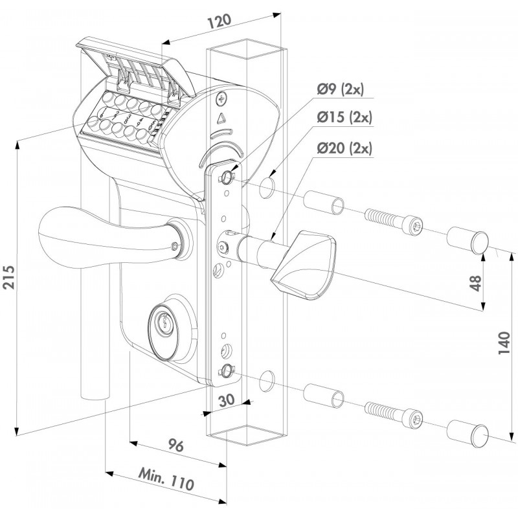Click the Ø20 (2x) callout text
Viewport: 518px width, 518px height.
(x=345, y=148)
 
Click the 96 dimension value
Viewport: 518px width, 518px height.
(x=175, y=447)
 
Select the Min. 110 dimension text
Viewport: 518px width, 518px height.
(x=168, y=480)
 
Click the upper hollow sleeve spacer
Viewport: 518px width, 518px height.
(x=325, y=202)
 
